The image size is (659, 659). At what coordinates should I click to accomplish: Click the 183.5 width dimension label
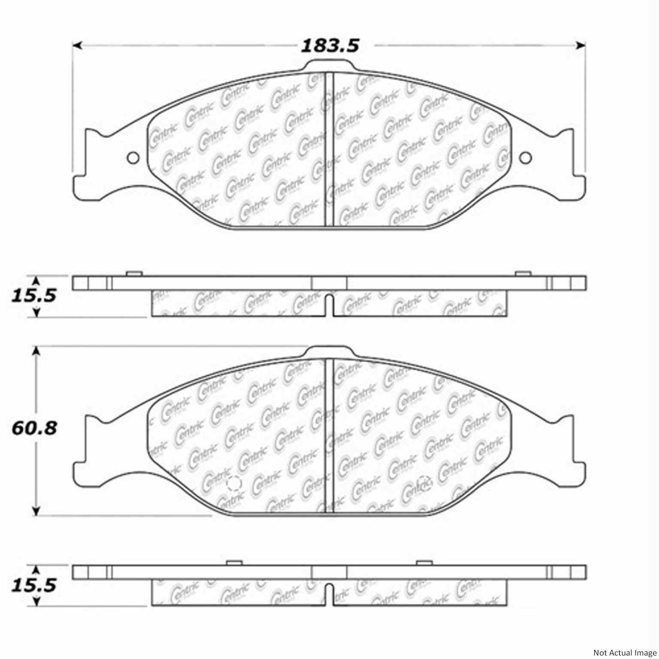(329, 45)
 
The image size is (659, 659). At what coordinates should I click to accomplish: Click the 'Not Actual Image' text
(624, 653)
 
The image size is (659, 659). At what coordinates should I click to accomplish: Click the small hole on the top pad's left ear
(133, 158)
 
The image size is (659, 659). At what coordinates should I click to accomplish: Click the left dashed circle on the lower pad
(233, 484)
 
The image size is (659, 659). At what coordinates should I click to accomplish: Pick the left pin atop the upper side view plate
(134, 274)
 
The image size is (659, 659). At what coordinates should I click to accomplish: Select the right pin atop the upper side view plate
(523, 274)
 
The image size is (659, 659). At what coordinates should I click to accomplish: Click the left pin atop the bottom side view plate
(234, 563)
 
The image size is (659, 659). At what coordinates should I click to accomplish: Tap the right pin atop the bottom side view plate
(424, 563)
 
